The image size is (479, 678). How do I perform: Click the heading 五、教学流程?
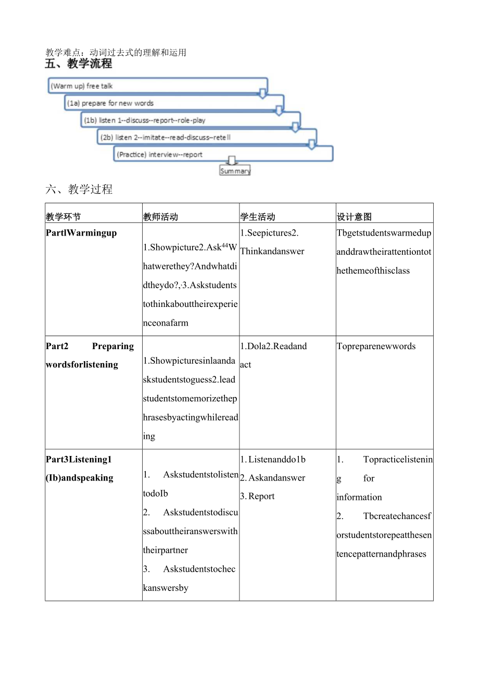pyautogui.click(x=79, y=64)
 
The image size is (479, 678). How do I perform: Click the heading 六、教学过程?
pyautogui.click(x=79, y=189)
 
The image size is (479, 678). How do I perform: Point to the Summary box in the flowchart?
pyautogui.click(x=235, y=171)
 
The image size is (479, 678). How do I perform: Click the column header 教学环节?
pyautogui.click(x=64, y=217)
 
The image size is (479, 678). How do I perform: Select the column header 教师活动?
pyautogui.click(x=160, y=217)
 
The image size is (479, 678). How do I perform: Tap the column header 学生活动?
pyautogui.click(x=257, y=217)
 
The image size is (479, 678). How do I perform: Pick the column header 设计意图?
pyautogui.click(x=354, y=217)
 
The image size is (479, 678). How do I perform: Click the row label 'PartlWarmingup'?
pyautogui.click(x=81, y=233)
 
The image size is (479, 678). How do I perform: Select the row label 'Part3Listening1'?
pyautogui.click(x=79, y=460)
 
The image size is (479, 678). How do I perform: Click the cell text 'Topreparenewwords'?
pyautogui.click(x=376, y=347)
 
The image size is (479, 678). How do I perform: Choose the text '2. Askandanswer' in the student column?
pyautogui.click(x=273, y=478)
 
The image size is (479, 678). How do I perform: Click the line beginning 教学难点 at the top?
pyautogui.click(x=116, y=52)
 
